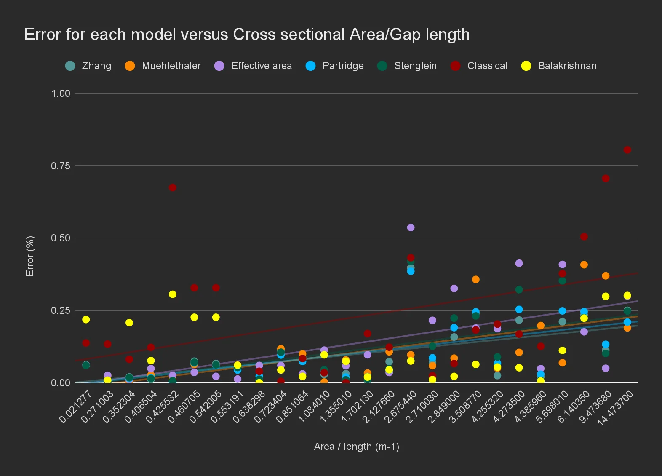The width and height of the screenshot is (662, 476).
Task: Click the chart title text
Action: tap(247, 35)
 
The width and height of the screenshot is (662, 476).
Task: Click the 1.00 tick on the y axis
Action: tap(61, 94)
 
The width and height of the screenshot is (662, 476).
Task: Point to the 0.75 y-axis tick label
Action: tap(61, 166)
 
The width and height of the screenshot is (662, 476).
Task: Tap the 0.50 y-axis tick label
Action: tap(61, 238)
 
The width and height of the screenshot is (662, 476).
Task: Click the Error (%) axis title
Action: tap(30, 256)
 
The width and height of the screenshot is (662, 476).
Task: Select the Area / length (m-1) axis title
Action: tap(356, 447)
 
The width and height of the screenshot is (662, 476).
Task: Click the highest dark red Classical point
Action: tap(627, 150)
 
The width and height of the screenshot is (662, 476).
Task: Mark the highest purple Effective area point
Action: tap(411, 227)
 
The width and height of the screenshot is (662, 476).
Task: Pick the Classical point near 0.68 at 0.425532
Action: tap(172, 187)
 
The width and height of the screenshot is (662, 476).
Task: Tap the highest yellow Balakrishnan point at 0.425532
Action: tap(172, 294)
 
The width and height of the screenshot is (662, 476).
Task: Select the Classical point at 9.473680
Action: tap(606, 179)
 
